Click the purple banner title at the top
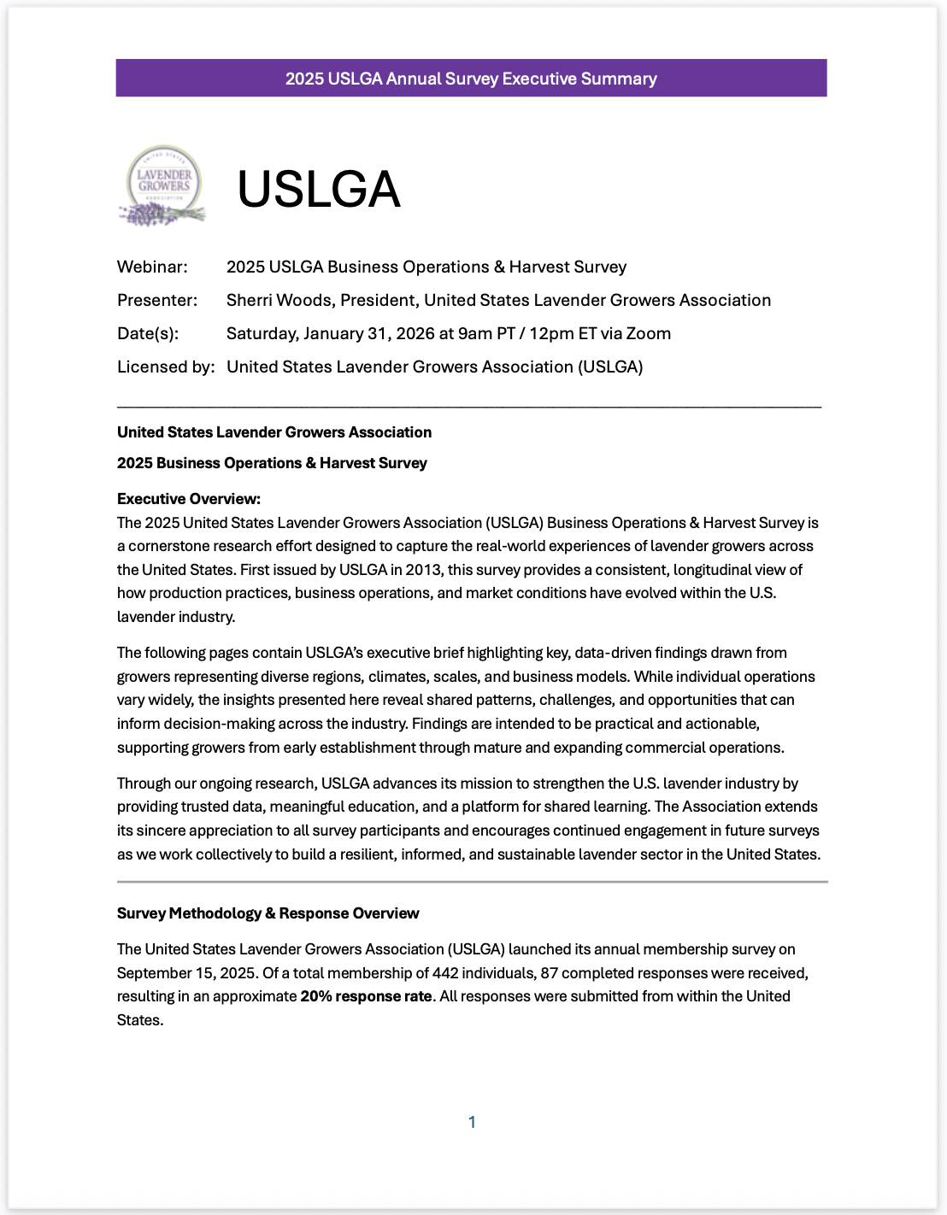point(471,79)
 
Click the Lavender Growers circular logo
point(163,185)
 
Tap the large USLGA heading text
point(318,189)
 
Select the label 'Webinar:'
point(152,267)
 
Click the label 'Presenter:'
point(157,300)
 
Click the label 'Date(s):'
point(148,333)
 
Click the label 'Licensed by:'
point(166,367)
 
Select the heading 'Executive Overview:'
point(189,499)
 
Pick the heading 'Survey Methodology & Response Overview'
point(268,913)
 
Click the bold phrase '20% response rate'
point(366,996)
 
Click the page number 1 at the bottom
point(472,1122)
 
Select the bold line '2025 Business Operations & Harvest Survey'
point(272,463)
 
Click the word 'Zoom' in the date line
point(648,333)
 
